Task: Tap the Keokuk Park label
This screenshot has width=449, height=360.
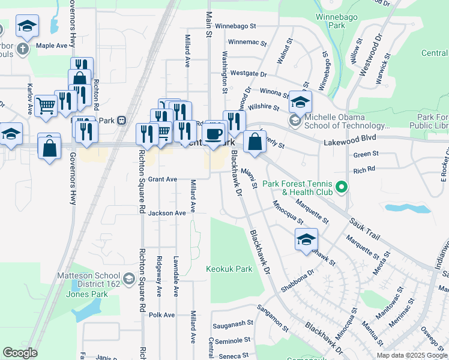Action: coord(229,269)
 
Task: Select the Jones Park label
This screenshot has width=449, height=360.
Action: coord(87,294)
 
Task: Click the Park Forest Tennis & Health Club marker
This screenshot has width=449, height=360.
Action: coord(342,188)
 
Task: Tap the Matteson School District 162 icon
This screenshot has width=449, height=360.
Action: coord(128,278)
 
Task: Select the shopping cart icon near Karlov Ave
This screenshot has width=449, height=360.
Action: coord(46,106)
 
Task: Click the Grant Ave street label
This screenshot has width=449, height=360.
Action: coord(163,179)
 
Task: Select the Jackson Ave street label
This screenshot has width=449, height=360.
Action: coord(167,213)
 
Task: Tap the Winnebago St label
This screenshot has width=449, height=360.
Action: coord(235,26)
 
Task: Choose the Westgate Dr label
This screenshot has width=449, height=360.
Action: coord(248,74)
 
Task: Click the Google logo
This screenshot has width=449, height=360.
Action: coord(20,353)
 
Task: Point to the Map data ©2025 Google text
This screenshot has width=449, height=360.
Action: coord(411,355)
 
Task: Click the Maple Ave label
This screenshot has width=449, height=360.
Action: coord(52,45)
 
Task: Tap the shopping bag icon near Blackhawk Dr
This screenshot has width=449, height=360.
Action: coord(255,143)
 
